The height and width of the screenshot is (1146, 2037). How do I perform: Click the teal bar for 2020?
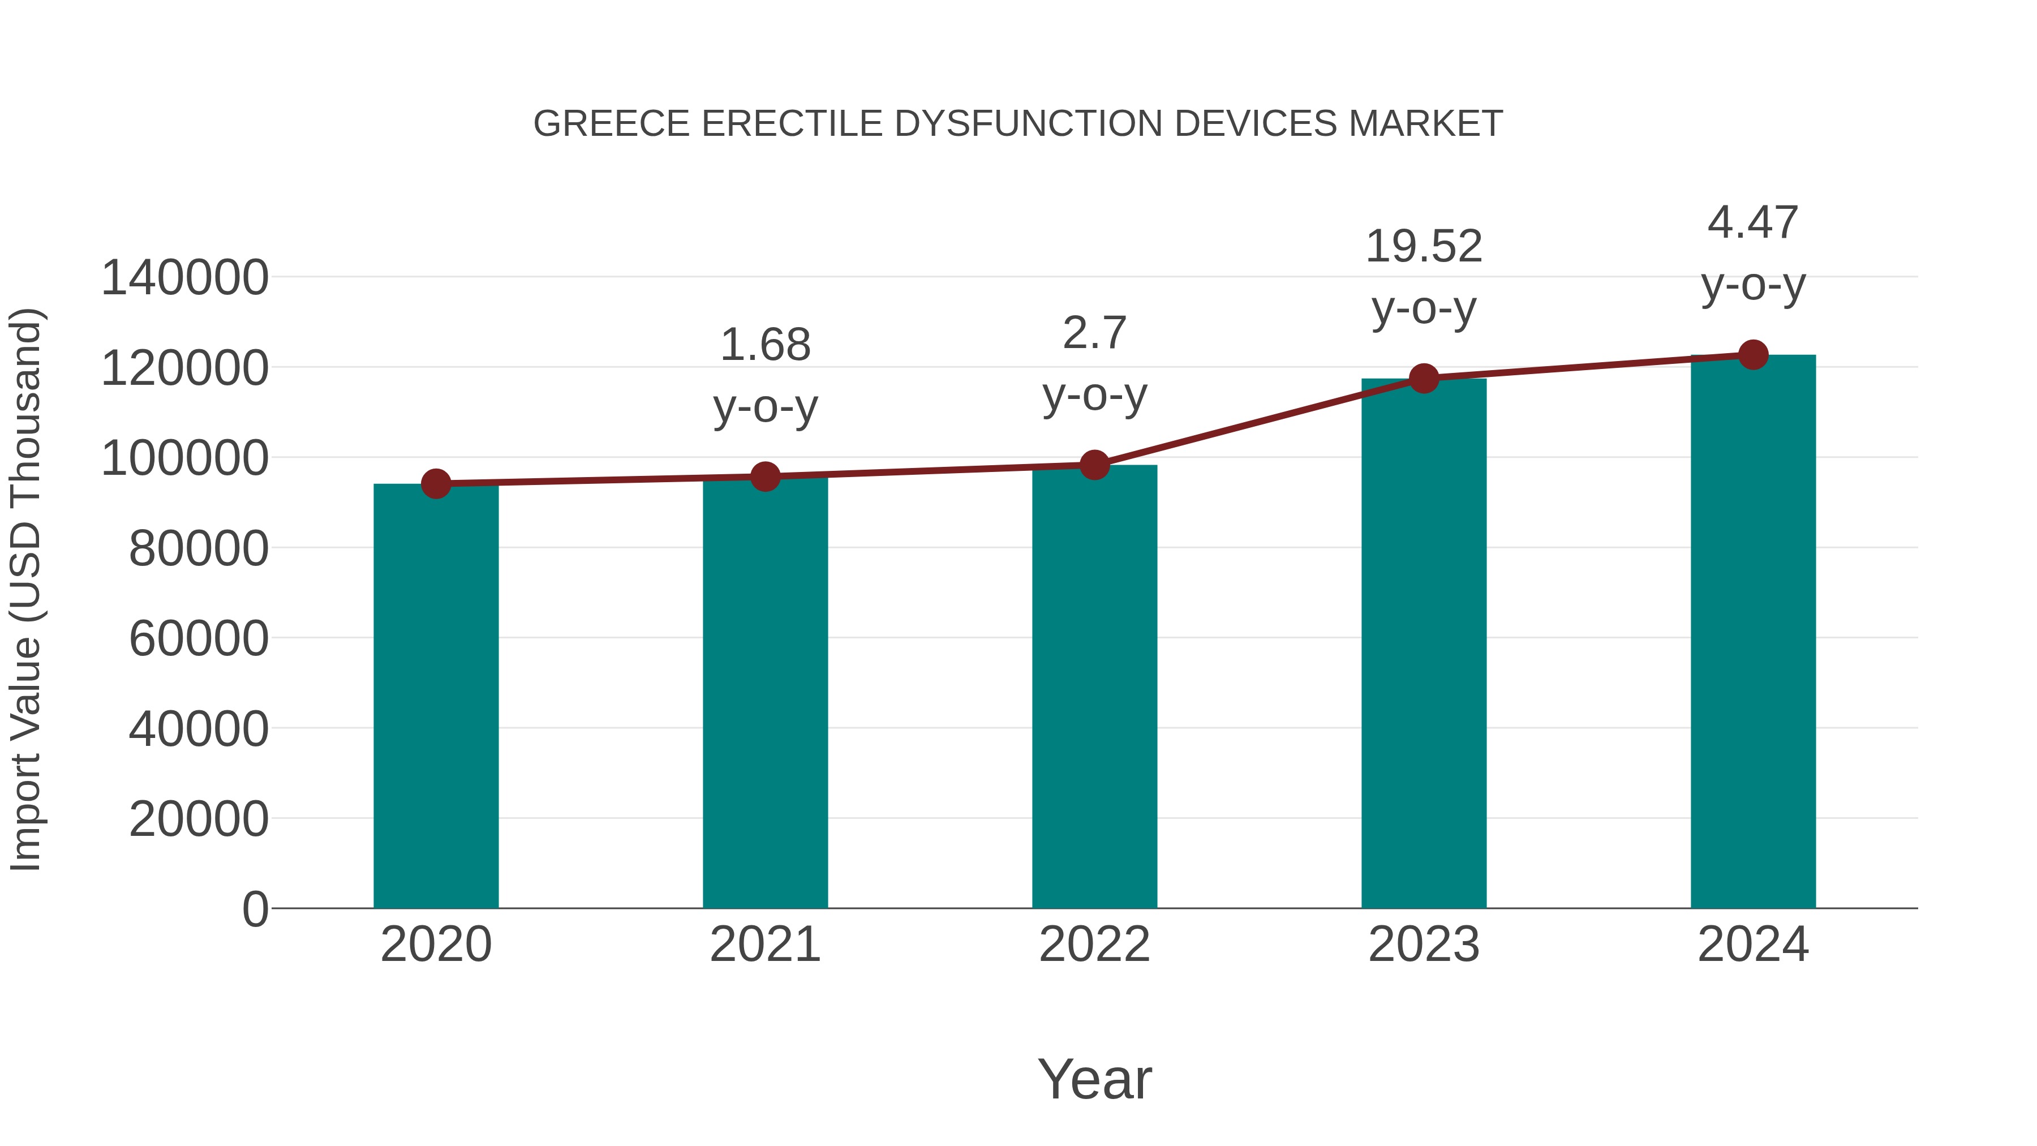(x=436, y=696)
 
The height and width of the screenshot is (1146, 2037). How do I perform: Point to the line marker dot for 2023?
(x=1424, y=379)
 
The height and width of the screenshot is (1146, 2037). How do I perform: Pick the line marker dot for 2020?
(x=436, y=483)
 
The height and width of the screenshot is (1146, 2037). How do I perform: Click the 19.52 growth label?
(x=1424, y=247)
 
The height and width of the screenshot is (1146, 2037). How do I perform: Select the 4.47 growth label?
(x=1753, y=223)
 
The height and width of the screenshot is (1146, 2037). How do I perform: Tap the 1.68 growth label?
(x=764, y=346)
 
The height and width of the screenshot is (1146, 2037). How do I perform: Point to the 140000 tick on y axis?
(x=184, y=278)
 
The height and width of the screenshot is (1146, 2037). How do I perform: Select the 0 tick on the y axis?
(x=255, y=909)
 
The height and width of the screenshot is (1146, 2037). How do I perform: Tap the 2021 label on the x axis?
(x=764, y=945)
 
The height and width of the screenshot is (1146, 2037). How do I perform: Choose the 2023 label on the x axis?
(x=1424, y=945)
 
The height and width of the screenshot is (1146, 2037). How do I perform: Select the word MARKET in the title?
(x=1425, y=124)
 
